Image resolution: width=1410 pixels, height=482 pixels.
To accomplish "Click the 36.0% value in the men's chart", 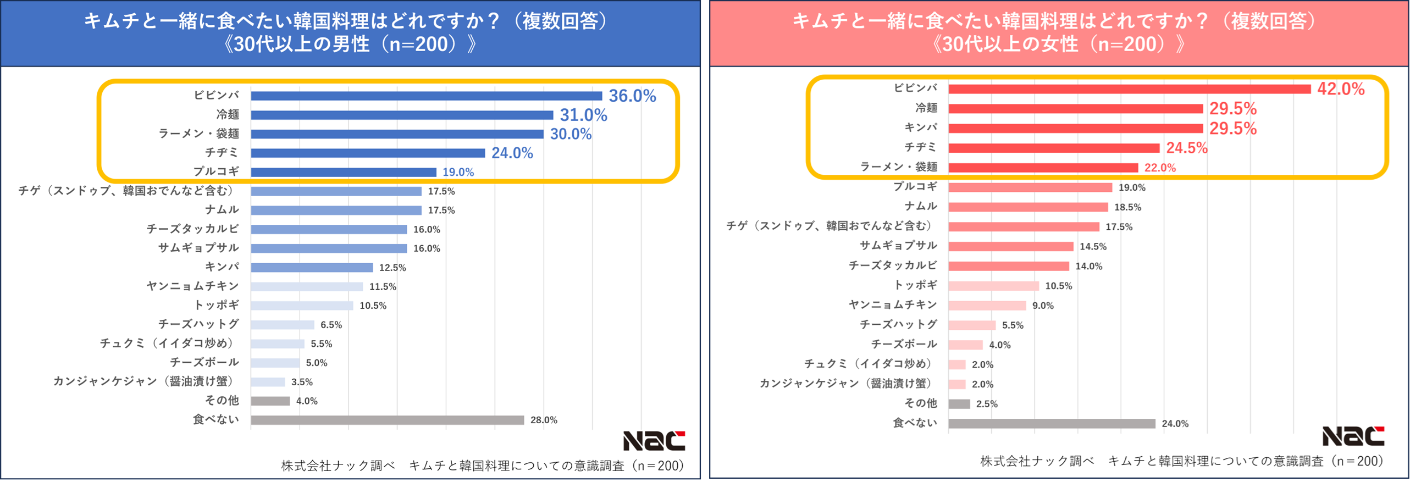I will pyautogui.click(x=632, y=96).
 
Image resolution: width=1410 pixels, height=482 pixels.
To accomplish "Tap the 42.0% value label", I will pyautogui.click(x=1340, y=89).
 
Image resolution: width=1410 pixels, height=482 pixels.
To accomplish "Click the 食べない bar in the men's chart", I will pyautogui.click(x=387, y=420).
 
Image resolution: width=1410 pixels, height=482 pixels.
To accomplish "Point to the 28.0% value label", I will pyautogui.click(x=543, y=420).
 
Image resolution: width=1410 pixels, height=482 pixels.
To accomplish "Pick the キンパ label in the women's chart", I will pyautogui.click(x=920, y=128).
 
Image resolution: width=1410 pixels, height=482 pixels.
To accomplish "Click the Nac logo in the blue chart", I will pyautogui.click(x=654, y=441).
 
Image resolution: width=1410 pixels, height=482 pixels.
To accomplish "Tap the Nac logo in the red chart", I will pyautogui.click(x=1352, y=436).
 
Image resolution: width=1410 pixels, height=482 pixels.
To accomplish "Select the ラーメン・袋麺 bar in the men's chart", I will pyautogui.click(x=397, y=134).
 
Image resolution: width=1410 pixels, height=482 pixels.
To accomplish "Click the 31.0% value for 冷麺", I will pyautogui.click(x=583, y=115).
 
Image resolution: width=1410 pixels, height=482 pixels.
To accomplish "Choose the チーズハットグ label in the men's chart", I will pyautogui.click(x=198, y=324).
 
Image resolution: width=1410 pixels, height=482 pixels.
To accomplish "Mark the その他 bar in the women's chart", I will pyautogui.click(x=959, y=404).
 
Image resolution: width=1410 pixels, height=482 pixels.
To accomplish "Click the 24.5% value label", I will pyautogui.click(x=1186, y=148).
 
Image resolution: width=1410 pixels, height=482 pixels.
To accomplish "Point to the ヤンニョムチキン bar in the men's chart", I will pyautogui.click(x=307, y=287).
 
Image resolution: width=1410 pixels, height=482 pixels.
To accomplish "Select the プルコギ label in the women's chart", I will pyautogui.click(x=915, y=187).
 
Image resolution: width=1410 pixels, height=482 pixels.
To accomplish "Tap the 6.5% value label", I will pyautogui.click(x=331, y=325).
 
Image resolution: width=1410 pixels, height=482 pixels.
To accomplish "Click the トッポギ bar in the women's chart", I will pyautogui.click(x=993, y=286).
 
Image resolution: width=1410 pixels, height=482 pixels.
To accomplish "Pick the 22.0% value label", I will pyautogui.click(x=1159, y=168).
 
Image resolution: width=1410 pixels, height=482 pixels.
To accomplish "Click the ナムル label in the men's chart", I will pyautogui.click(x=222, y=210).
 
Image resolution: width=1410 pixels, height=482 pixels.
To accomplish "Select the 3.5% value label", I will pyautogui.click(x=302, y=382).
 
